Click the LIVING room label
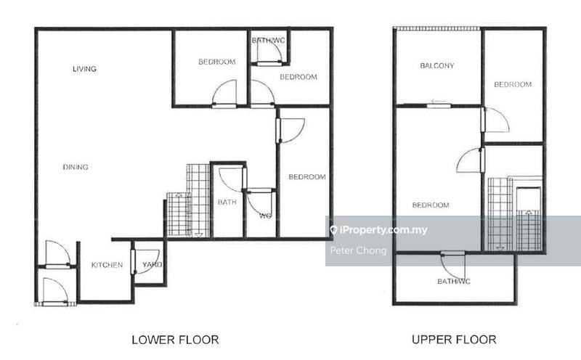84,69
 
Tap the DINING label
76,167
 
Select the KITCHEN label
107,265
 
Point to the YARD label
152,265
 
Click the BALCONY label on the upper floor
437,66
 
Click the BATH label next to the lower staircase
227,202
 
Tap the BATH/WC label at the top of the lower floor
269,40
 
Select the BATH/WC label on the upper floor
452,281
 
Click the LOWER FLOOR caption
175,339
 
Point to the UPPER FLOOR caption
454,339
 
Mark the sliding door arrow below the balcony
438,102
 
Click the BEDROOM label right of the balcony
513,84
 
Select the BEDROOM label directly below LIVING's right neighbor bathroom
298,77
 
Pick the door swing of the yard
147,261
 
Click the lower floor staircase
189,203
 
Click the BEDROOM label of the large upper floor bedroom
431,205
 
